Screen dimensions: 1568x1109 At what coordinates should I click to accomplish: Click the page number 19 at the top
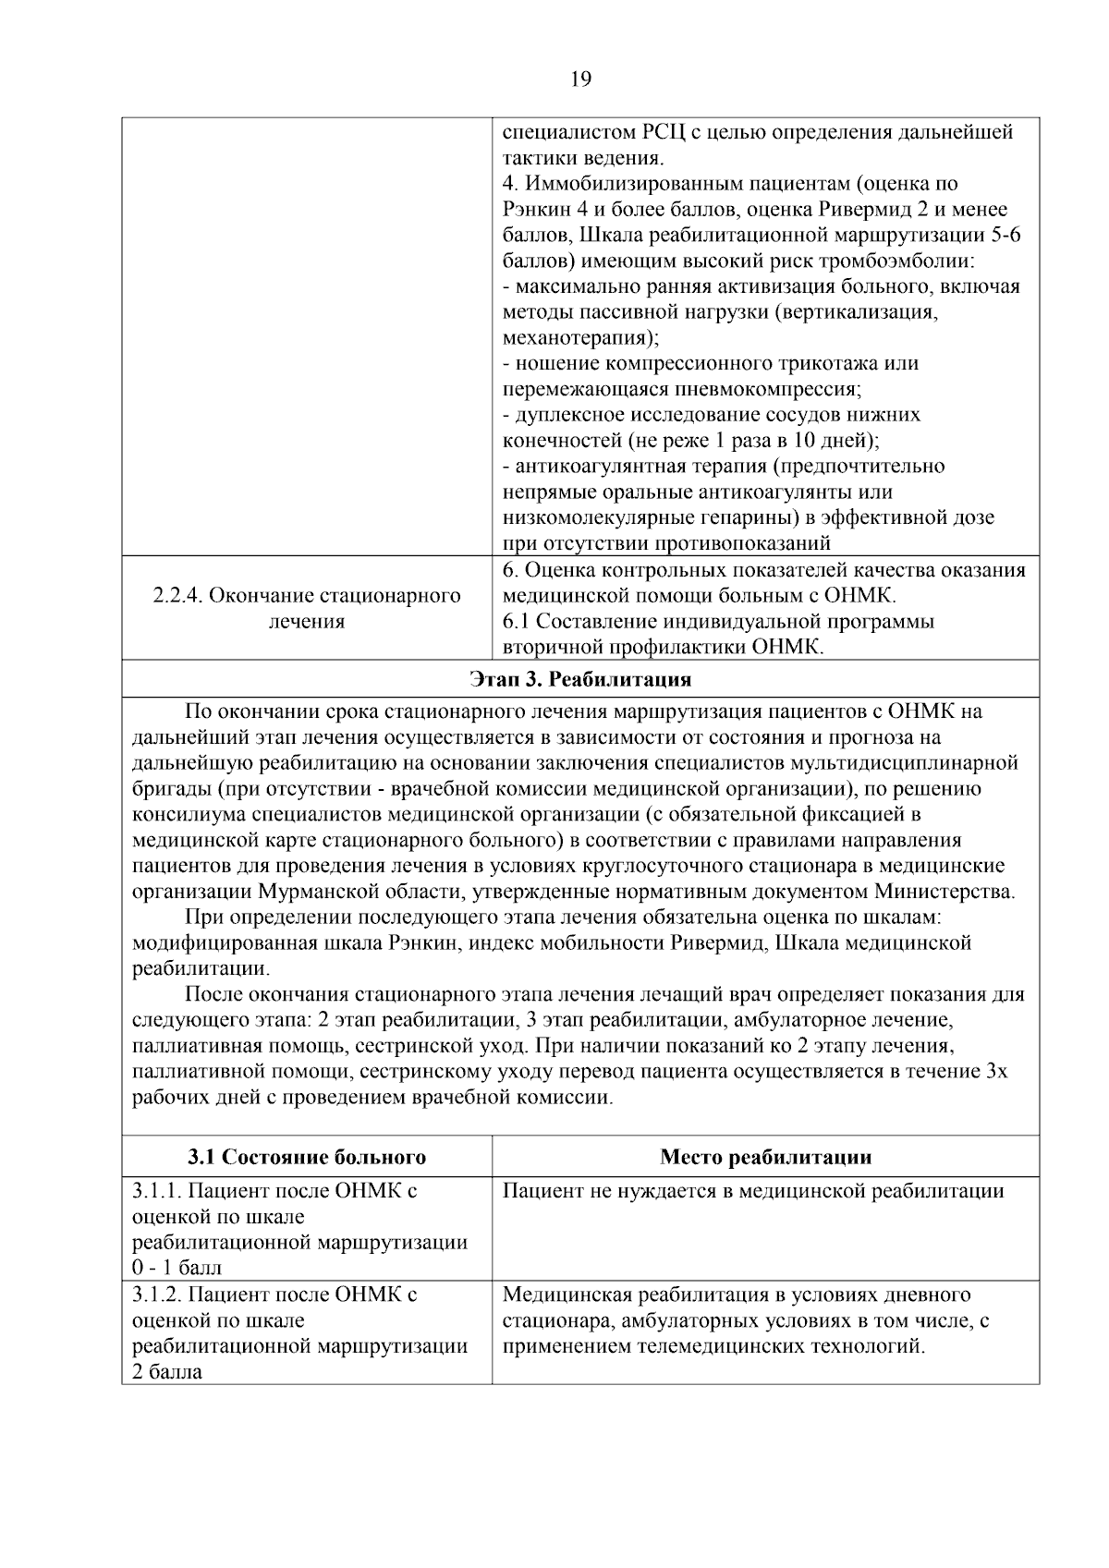click(580, 79)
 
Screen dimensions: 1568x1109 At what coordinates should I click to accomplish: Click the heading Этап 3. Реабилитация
click(580, 680)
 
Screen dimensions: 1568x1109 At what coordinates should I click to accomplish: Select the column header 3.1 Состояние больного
click(307, 1157)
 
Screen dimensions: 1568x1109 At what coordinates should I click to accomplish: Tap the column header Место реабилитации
click(765, 1157)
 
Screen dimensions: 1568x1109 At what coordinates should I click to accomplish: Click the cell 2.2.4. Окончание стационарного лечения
click(307, 608)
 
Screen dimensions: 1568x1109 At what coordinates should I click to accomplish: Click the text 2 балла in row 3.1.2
click(167, 1372)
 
